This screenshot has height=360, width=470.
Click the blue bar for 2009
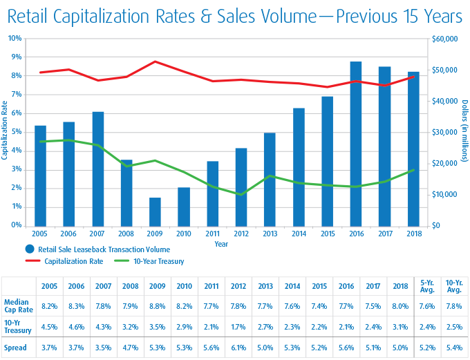[x=156, y=211]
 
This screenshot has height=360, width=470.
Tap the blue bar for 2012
[x=241, y=187]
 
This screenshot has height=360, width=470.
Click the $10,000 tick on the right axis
[x=444, y=194]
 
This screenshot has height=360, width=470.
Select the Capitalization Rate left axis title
[x=5, y=131]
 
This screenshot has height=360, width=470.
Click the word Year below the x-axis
[x=221, y=244]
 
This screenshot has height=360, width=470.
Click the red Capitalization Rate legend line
[x=34, y=261]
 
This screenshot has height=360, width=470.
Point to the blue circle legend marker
[x=30, y=249]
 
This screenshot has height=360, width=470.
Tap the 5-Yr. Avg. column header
[x=429, y=285]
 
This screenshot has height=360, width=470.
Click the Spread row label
[x=15, y=348]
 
